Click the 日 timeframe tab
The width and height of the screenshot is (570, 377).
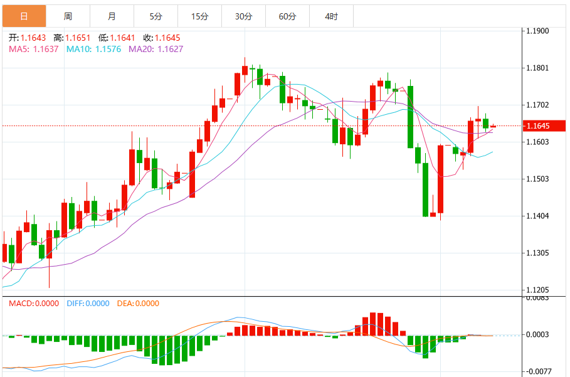click(x=24, y=16)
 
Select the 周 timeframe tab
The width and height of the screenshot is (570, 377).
click(x=68, y=16)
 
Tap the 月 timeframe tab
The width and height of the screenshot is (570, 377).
click(x=112, y=16)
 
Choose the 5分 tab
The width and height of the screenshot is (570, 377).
click(x=156, y=16)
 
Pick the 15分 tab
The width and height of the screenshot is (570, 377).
click(x=199, y=16)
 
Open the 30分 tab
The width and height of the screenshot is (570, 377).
click(x=243, y=16)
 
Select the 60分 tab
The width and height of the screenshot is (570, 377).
click(x=287, y=16)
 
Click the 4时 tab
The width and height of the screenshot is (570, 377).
click(x=331, y=16)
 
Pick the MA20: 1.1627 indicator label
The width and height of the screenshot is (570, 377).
click(x=156, y=49)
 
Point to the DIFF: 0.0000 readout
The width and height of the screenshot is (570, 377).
click(x=88, y=304)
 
